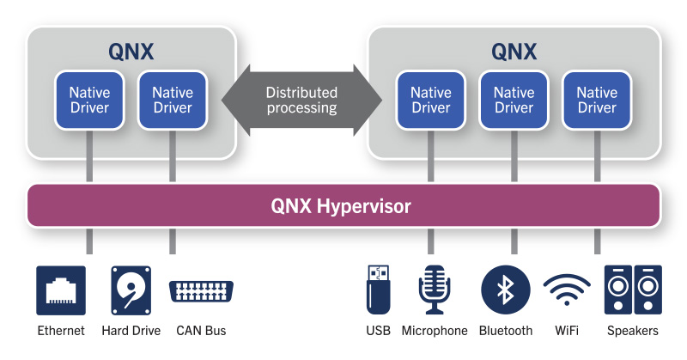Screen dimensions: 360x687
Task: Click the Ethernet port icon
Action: (x=61, y=290)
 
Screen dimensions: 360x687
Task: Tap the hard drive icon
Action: (x=131, y=290)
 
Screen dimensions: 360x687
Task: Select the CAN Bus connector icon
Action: (x=202, y=290)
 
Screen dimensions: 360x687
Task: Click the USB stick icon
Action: (x=378, y=290)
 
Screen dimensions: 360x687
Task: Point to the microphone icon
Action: (x=434, y=290)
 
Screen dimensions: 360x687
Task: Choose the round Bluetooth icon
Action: (x=506, y=290)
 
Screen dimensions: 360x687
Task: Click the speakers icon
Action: (x=634, y=290)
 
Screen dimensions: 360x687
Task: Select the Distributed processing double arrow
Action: (x=301, y=101)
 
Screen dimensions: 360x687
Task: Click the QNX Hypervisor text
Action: (x=341, y=206)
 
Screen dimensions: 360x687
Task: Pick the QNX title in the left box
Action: (x=131, y=51)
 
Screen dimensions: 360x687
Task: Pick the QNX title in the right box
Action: (x=514, y=51)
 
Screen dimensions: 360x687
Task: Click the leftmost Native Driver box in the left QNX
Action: (x=89, y=100)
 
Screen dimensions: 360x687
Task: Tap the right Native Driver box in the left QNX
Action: (x=173, y=100)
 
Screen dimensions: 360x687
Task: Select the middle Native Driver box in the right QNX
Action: (x=514, y=100)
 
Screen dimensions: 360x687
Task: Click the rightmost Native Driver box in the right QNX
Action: (x=597, y=100)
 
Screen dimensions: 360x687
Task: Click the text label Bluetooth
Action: (x=506, y=331)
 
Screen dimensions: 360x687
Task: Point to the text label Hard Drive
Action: (x=131, y=331)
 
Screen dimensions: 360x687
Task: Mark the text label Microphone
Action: (x=434, y=331)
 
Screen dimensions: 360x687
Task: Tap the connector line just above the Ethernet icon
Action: (x=89, y=241)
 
